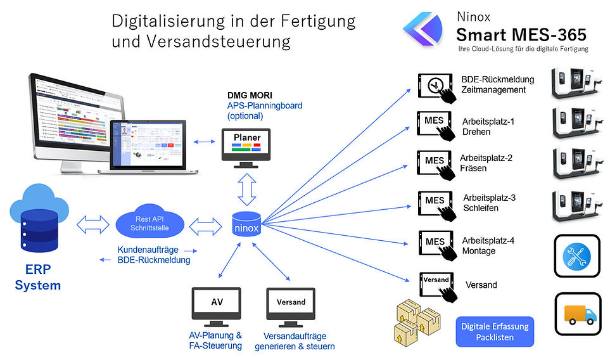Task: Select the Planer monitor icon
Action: point(246,146)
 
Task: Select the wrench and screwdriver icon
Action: point(576,255)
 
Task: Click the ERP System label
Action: point(38,279)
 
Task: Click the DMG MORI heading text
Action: point(250,96)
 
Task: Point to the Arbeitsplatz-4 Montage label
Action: point(488,246)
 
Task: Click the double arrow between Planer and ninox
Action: point(246,188)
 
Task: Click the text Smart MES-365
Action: point(521,33)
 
